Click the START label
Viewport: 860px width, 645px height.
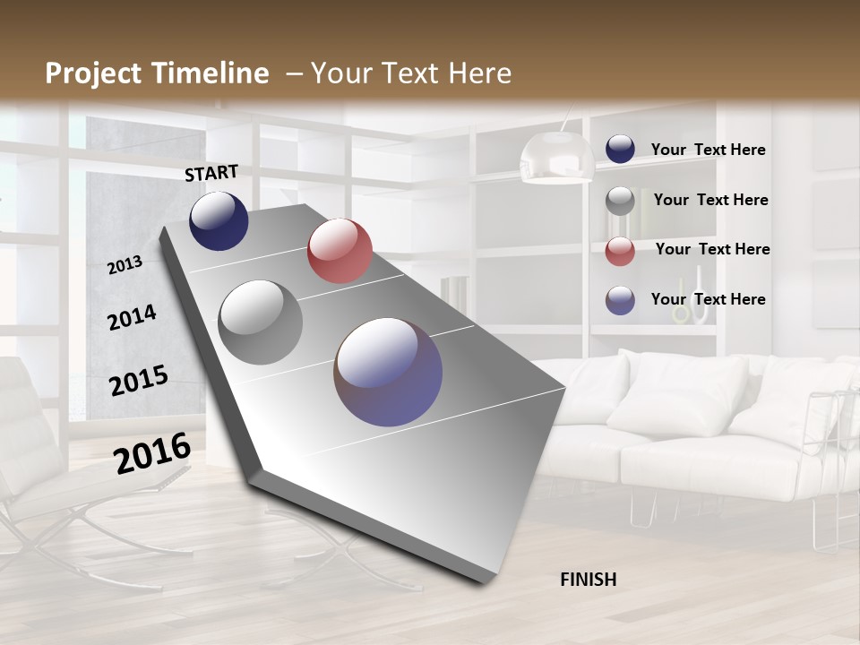(x=211, y=173)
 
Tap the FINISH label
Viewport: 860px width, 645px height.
(x=588, y=580)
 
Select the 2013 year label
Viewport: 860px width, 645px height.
(x=125, y=264)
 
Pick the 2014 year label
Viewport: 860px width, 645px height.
(x=132, y=317)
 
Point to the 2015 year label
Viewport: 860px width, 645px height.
(x=139, y=380)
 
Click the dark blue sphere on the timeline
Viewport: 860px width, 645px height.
(x=219, y=221)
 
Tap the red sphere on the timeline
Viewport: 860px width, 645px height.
(x=340, y=251)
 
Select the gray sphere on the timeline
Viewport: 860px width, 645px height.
(x=260, y=322)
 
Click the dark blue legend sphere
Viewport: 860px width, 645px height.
(x=620, y=150)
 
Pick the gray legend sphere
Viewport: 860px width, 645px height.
(x=620, y=201)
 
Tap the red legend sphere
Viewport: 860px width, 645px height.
(x=620, y=251)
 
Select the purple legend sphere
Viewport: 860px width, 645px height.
(x=620, y=300)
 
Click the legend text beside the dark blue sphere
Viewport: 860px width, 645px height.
(x=708, y=150)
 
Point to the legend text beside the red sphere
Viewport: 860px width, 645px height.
(x=712, y=249)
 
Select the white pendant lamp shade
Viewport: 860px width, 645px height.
(x=557, y=158)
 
